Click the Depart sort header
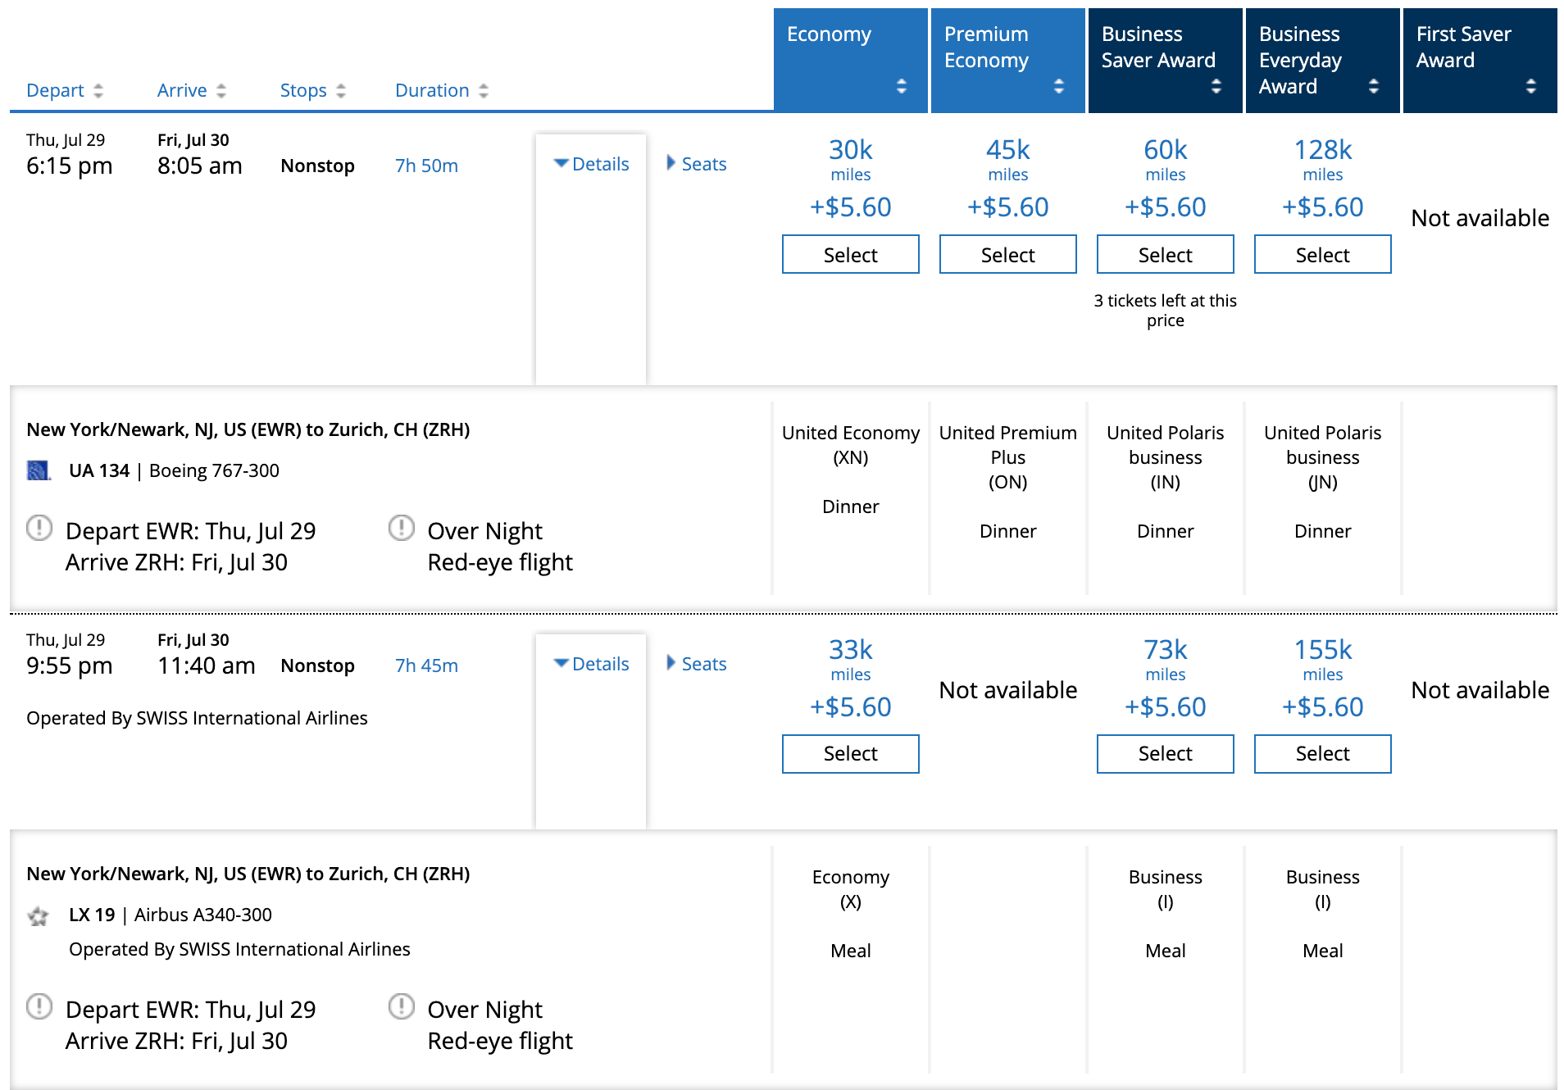(x=65, y=90)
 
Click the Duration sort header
(x=442, y=90)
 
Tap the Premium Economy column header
(x=1008, y=60)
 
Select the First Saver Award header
(x=1480, y=60)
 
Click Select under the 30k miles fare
(x=851, y=254)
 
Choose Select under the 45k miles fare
(x=1008, y=254)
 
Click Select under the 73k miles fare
(x=1166, y=753)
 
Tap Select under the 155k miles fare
(x=1323, y=753)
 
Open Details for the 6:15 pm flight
(x=592, y=164)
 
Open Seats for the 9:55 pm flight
(x=697, y=664)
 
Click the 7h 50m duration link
(x=426, y=166)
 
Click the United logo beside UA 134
(x=39, y=470)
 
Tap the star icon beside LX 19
(x=39, y=915)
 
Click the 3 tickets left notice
(x=1166, y=311)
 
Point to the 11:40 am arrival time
(x=207, y=665)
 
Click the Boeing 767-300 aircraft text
(x=214, y=470)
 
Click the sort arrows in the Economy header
(x=902, y=86)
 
